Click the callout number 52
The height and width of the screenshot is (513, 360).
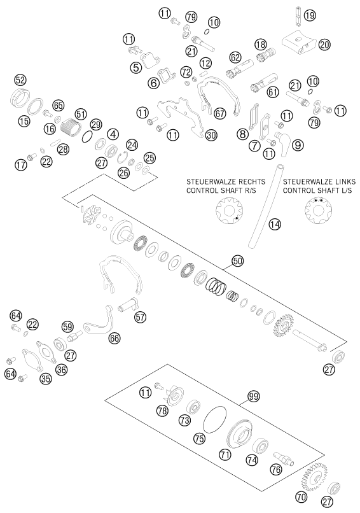pos(20,80)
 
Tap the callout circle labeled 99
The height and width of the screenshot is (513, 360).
pos(253,397)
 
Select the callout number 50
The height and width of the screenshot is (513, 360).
pos(238,261)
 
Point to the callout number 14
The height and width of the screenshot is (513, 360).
pos(275,224)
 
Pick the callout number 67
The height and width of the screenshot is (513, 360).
pos(220,113)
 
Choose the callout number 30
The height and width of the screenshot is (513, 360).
pos(211,135)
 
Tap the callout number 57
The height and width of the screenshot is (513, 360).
pos(141,317)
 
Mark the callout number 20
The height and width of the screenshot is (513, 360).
pos(324,45)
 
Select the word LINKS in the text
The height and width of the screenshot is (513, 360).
pos(343,181)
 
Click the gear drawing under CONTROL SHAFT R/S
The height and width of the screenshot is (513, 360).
pos(228,213)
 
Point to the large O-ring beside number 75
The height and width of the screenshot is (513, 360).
pos(214,420)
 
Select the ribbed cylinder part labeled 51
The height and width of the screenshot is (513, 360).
pos(71,127)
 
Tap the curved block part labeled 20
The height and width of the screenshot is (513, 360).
pos(298,43)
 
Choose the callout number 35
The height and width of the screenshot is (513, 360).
pos(46,379)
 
